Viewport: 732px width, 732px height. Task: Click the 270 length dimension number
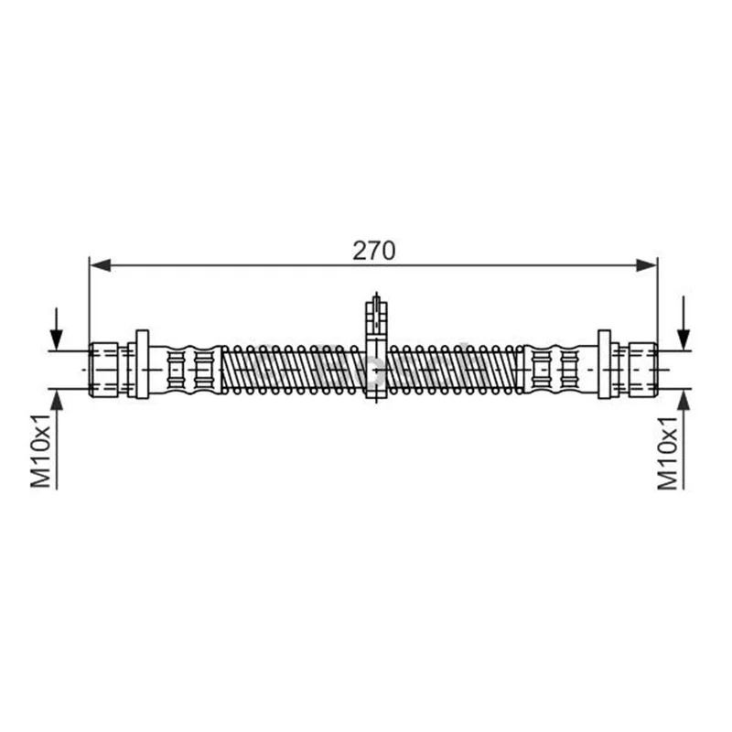[373, 251]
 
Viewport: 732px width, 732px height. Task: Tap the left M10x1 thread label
[40, 450]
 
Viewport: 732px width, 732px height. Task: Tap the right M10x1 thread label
[667, 453]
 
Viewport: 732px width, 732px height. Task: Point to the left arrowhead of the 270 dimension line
[100, 265]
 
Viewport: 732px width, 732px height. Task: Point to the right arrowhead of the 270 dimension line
[647, 265]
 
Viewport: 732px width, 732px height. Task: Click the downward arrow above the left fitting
[57, 328]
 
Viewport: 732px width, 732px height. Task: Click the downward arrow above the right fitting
[684, 323]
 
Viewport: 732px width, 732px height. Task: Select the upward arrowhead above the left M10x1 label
[57, 400]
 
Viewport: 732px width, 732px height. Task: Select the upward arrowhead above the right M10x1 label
[684, 400]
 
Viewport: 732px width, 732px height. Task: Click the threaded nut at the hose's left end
[103, 370]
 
